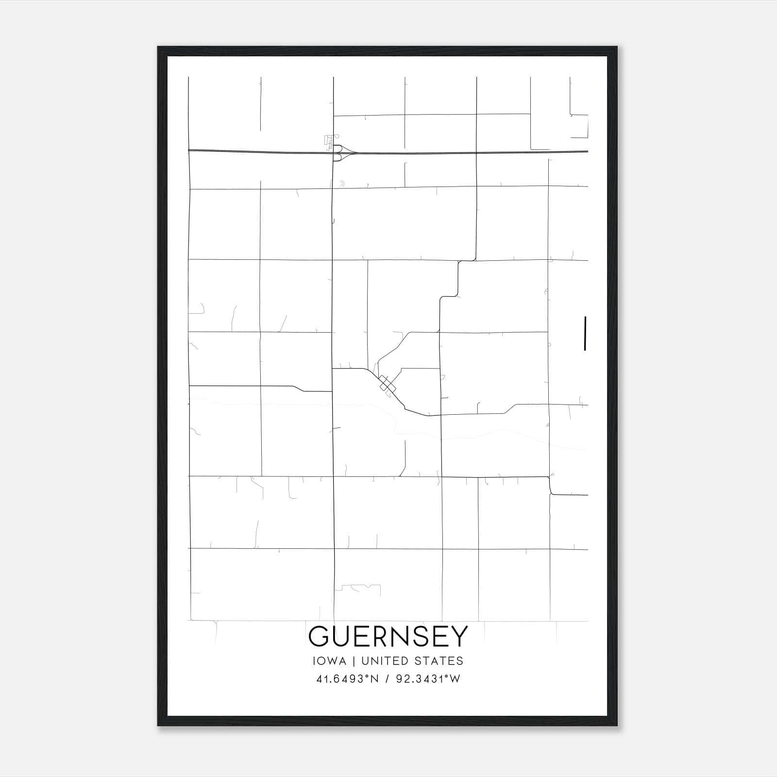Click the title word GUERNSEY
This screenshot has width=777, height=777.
point(388,636)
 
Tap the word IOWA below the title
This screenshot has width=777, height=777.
point(330,661)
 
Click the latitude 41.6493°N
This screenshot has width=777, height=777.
point(347,679)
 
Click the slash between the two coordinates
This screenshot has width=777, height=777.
point(387,679)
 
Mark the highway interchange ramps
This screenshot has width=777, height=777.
point(342,152)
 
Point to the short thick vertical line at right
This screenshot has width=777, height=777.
point(585,333)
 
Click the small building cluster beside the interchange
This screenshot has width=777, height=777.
point(329,141)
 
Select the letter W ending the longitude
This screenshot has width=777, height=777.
point(455,679)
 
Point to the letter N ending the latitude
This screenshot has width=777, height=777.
point(374,679)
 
